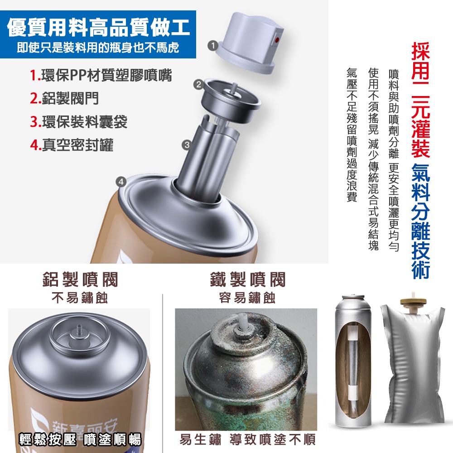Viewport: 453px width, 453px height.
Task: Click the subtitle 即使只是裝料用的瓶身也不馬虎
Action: point(98,48)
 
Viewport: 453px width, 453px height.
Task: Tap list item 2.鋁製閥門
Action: point(64,98)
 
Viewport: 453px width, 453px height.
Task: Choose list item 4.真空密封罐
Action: point(72,145)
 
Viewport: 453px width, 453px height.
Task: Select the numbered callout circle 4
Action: point(120,182)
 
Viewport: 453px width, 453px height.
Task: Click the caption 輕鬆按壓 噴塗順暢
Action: point(80,439)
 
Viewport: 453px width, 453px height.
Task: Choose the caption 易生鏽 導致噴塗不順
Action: point(247,439)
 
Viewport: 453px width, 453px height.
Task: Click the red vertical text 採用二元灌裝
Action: point(421,100)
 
